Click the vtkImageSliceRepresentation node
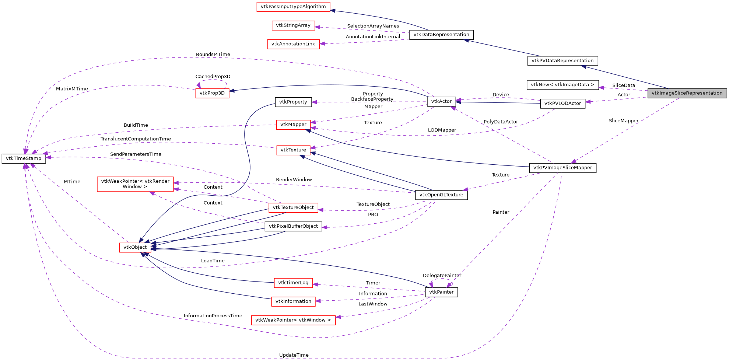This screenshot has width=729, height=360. click(x=687, y=93)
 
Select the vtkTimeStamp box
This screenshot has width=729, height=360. click(x=24, y=158)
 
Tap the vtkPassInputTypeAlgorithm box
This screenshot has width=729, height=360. click(x=293, y=7)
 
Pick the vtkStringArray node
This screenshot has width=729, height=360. click(x=293, y=25)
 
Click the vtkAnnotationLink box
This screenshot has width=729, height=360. click(x=293, y=44)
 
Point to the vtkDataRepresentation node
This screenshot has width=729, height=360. click(x=441, y=35)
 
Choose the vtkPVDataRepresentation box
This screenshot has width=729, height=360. click(x=562, y=61)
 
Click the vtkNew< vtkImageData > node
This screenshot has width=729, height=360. click(x=562, y=85)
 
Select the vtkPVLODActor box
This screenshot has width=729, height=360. click(x=562, y=104)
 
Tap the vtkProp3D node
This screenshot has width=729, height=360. click(x=212, y=93)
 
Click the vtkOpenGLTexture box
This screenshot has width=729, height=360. click(x=441, y=195)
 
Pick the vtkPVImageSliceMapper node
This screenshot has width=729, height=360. click(x=562, y=168)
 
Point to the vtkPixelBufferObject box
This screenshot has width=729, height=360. click(x=293, y=226)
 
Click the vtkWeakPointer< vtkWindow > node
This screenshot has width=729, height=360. click(x=293, y=320)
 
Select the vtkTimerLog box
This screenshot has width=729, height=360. click(x=293, y=283)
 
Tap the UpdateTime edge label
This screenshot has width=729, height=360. click(x=294, y=355)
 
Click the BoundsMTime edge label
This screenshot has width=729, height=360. click(x=213, y=55)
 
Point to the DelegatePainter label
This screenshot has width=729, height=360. click(x=442, y=276)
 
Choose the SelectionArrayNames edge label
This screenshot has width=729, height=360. click(x=373, y=26)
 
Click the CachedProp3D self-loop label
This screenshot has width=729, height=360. click(x=213, y=77)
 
